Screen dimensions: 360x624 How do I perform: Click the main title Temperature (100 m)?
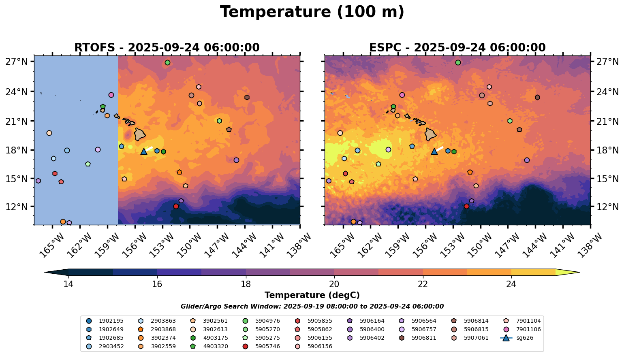click(x=312, y=12)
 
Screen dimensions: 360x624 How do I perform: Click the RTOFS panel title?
click(x=167, y=48)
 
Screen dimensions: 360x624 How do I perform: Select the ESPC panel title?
click(x=457, y=48)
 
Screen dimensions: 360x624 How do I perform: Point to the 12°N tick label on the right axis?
click(x=607, y=207)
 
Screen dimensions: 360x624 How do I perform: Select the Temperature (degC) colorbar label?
click(x=312, y=295)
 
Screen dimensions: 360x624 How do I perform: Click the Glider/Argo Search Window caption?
click(x=312, y=307)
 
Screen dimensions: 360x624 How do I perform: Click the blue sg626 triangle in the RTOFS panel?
click(x=143, y=151)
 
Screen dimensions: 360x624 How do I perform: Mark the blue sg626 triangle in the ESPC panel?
click(x=434, y=151)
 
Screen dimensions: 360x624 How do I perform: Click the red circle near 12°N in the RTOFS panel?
click(x=176, y=206)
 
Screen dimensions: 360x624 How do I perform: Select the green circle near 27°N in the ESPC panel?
click(x=458, y=62)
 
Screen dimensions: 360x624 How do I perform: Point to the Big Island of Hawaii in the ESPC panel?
click(x=430, y=134)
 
